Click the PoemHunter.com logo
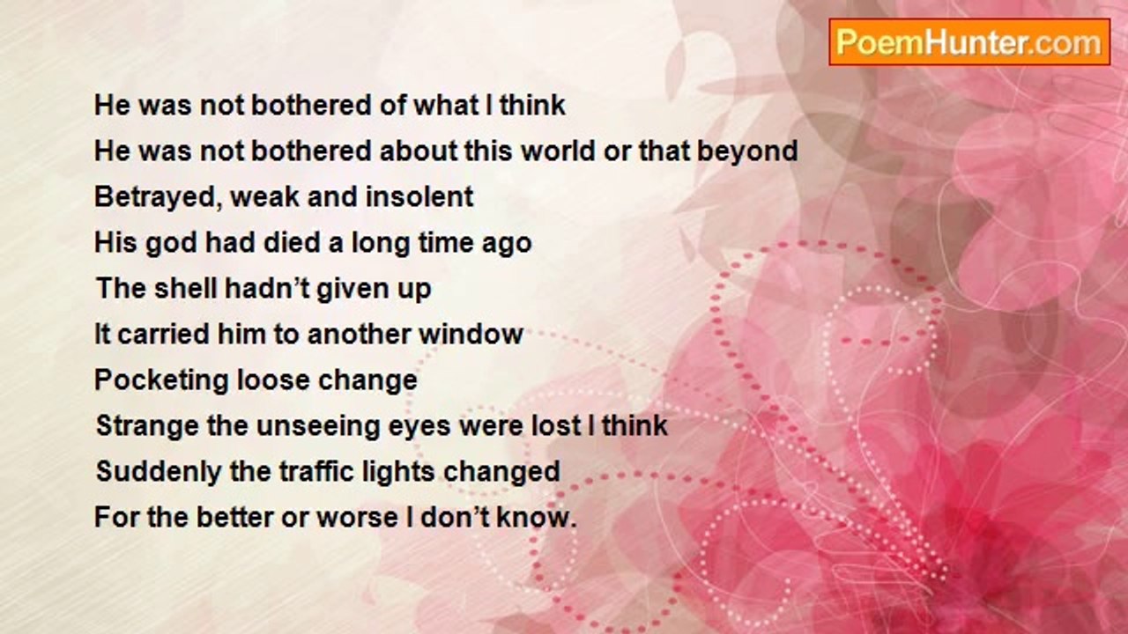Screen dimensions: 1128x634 [969, 42]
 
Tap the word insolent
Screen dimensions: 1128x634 [419, 196]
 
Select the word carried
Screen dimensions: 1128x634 [163, 334]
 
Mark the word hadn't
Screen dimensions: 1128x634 [265, 288]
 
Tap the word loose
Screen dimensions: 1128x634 [273, 380]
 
